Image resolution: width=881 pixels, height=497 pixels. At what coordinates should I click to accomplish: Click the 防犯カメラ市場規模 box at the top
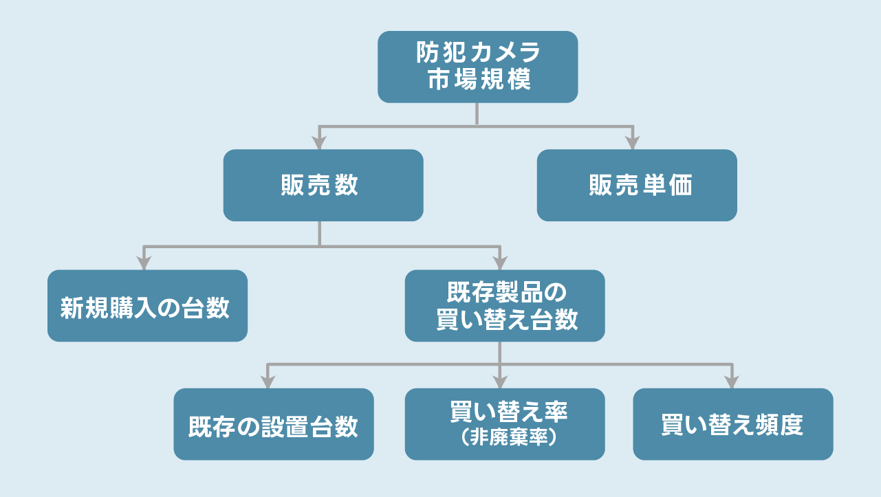click(477, 67)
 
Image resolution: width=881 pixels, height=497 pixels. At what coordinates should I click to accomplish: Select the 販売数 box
click(323, 185)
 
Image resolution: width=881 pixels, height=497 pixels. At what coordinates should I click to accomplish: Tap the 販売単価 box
click(636, 185)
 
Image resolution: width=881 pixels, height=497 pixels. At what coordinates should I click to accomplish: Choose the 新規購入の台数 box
click(147, 306)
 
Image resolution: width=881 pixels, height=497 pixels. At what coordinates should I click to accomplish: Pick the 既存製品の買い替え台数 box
click(504, 306)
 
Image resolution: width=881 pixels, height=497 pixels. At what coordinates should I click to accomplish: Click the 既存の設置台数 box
click(273, 424)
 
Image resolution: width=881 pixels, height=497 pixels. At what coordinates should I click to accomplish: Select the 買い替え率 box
click(504, 424)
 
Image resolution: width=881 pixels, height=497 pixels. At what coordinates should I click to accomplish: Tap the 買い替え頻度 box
click(732, 424)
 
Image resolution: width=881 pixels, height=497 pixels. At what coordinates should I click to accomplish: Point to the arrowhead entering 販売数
click(319, 143)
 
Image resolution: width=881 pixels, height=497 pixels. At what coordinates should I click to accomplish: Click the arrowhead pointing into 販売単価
click(633, 143)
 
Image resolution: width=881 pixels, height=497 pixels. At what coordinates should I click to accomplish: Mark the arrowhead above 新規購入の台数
click(143, 263)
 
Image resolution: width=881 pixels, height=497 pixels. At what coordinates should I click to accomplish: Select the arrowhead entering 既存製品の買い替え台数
click(500, 263)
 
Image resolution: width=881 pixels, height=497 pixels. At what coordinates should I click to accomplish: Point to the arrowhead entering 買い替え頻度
click(731, 382)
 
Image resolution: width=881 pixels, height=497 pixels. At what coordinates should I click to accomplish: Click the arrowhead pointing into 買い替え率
click(500, 382)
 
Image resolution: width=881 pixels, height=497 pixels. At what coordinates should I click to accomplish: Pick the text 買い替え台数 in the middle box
click(507, 320)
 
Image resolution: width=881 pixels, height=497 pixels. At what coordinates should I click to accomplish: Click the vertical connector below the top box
click(477, 114)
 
